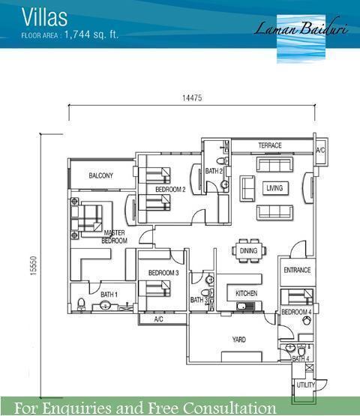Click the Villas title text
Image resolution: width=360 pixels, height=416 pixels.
click(x=44, y=17)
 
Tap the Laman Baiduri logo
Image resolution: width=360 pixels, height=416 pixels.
click(x=301, y=37)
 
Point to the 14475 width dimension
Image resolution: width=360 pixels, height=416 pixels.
click(x=192, y=98)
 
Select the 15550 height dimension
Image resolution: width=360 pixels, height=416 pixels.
click(x=34, y=266)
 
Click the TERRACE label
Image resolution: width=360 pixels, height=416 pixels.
click(x=270, y=145)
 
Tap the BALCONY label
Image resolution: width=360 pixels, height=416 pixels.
click(x=101, y=175)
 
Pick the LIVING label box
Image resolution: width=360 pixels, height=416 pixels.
click(x=274, y=188)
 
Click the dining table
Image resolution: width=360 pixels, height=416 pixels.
click(x=249, y=250)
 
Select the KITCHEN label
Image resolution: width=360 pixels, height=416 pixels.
click(x=246, y=293)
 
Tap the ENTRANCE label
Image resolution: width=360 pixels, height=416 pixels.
click(x=297, y=270)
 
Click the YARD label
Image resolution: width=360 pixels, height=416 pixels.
click(x=239, y=340)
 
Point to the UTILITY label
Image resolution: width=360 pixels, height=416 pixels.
click(x=305, y=385)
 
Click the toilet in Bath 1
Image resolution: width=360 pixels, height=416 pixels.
click(x=81, y=304)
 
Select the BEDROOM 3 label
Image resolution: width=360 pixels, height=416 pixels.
click(x=163, y=273)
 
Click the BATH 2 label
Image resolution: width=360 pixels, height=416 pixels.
click(x=214, y=171)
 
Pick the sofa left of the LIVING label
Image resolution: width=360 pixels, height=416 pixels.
click(x=247, y=188)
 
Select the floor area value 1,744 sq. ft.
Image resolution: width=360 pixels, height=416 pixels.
click(x=91, y=34)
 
